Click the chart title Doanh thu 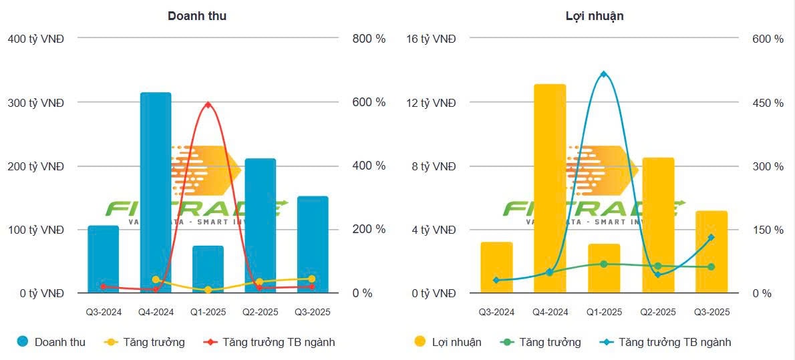click(x=196, y=16)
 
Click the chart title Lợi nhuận click(x=595, y=16)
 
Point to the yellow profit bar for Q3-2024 click(x=496, y=267)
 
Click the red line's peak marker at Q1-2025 click(x=208, y=105)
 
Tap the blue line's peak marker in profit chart click(x=603, y=74)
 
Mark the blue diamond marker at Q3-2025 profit click(x=711, y=237)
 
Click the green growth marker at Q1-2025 click(x=603, y=264)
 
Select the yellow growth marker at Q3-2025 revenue click(x=312, y=279)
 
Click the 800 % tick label click(x=369, y=39)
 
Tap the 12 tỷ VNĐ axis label click(x=431, y=103)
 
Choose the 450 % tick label click(x=769, y=103)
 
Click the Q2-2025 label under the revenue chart click(x=260, y=312)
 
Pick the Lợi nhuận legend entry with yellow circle click(x=448, y=342)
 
